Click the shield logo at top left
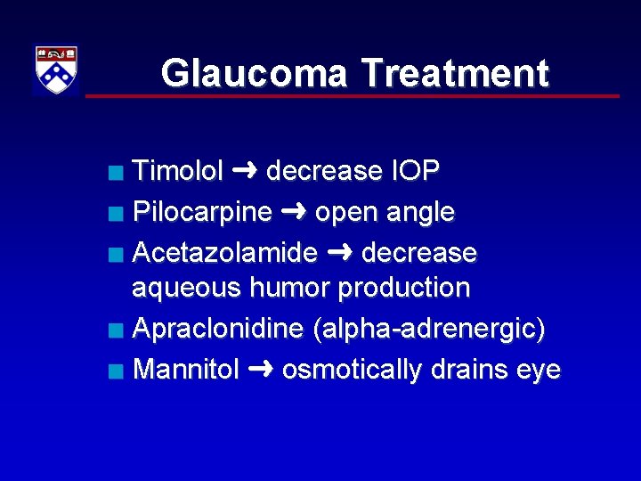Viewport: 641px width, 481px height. [56, 70]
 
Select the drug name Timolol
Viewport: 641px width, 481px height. [177, 171]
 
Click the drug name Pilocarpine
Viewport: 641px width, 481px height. [202, 212]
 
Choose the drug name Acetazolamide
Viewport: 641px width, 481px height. [224, 253]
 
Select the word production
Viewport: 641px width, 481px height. [405, 289]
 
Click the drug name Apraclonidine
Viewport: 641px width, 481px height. [219, 330]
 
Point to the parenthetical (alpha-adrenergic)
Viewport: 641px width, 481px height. [430, 330]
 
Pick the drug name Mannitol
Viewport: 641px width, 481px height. [185, 370]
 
